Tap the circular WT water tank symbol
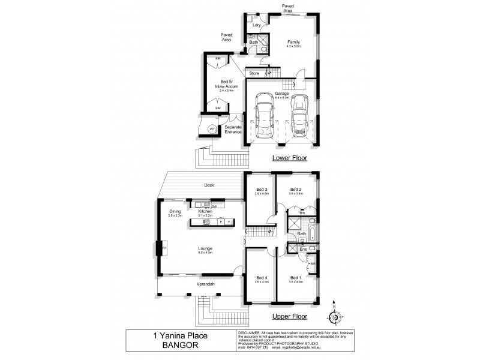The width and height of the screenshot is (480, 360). [212, 129]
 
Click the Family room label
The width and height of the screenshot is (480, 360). [293, 42]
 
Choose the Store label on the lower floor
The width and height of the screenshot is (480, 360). [254, 74]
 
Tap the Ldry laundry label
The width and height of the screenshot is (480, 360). [256, 25]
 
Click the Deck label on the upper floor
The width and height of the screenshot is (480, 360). [209, 185]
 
